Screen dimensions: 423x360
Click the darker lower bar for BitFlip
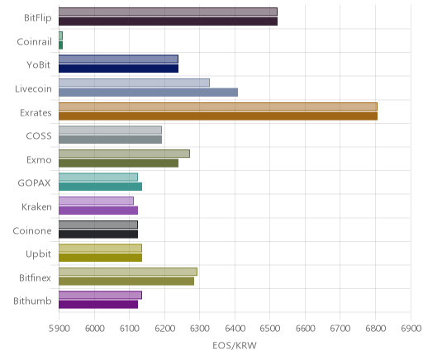point(168,21)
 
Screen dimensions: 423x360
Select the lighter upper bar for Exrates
point(218,107)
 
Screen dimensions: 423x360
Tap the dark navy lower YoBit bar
point(118,69)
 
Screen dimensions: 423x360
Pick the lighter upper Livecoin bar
point(134,83)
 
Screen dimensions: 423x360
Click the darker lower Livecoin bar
point(148,92)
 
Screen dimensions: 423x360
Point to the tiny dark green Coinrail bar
point(60,45)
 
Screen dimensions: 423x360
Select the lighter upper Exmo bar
point(124,154)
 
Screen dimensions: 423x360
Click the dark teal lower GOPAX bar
point(100,187)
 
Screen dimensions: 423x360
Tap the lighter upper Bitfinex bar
point(128,272)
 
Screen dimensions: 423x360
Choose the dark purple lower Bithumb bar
point(98,305)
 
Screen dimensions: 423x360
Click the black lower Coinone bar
point(98,234)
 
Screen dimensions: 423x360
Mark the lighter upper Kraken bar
point(96,201)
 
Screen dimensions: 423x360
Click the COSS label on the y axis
point(39,136)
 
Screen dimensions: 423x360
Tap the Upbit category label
point(38,254)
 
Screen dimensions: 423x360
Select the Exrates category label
point(36,113)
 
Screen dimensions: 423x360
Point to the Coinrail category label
point(34,42)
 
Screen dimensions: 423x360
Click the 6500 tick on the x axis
point(269,329)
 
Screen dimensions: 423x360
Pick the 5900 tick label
point(59,329)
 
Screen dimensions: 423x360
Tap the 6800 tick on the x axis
point(375,329)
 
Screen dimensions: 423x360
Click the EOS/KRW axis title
point(235,345)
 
